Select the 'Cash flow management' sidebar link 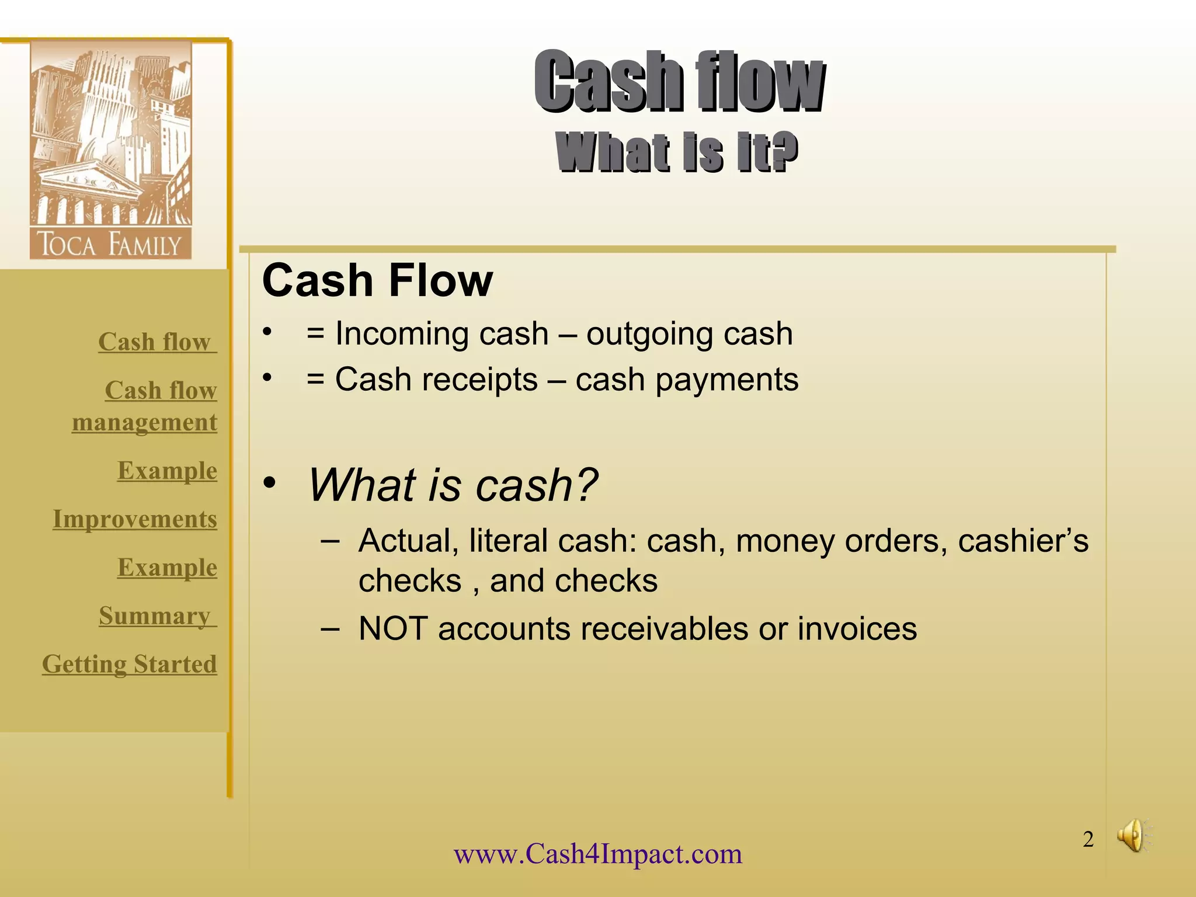coord(145,406)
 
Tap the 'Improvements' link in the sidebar coord(135,519)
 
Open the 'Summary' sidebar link coord(155,616)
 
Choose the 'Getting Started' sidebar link coord(130,665)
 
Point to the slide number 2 coord(1088,839)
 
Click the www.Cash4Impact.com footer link coord(598,854)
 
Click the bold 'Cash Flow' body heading coord(377,280)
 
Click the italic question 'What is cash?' coord(453,485)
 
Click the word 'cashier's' coord(1023,541)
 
